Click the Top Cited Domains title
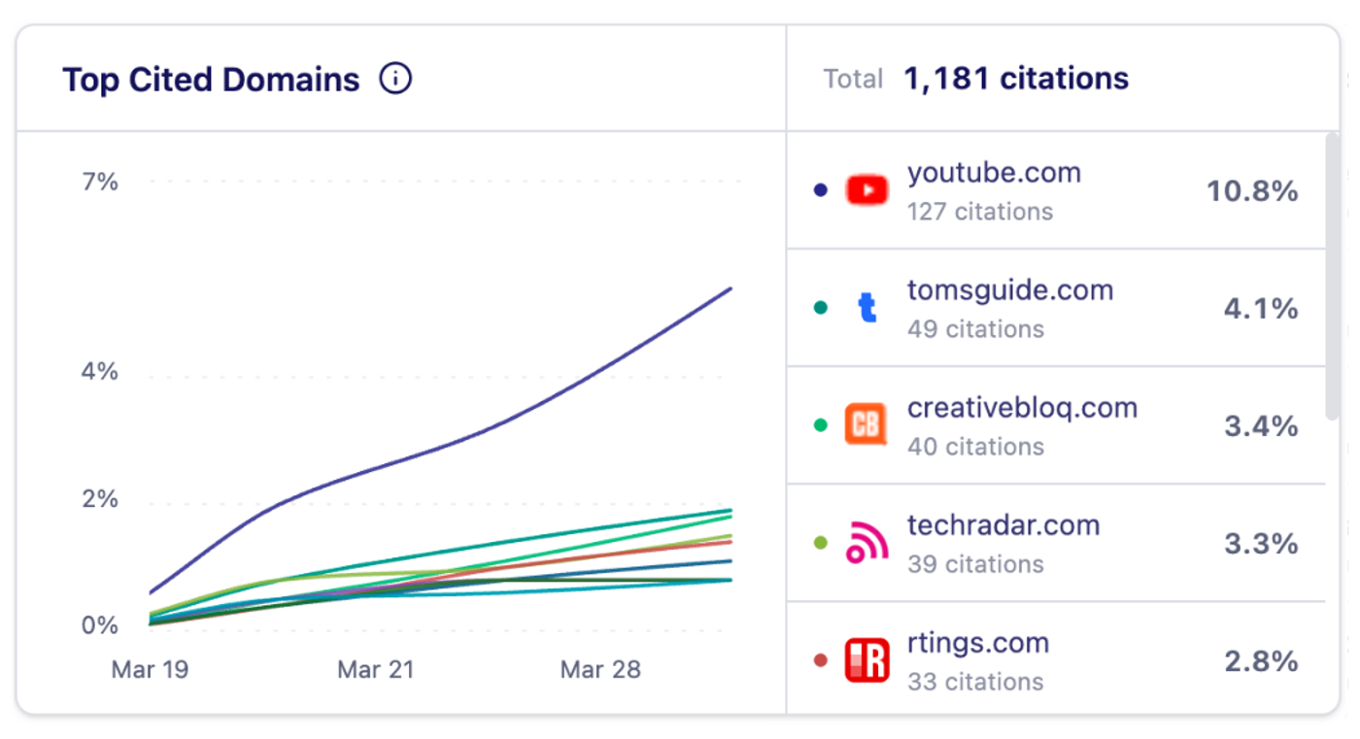(x=211, y=80)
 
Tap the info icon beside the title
(x=395, y=79)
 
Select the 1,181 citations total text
(x=1016, y=79)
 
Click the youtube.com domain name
(x=994, y=174)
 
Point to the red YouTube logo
(x=867, y=190)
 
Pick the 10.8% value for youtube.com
(x=1252, y=191)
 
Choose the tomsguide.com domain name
(x=1010, y=290)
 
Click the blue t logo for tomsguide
(x=867, y=308)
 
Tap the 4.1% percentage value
(x=1261, y=309)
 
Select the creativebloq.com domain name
(x=1022, y=408)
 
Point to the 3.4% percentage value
(x=1261, y=426)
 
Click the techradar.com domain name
(x=1003, y=525)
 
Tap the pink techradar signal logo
(x=867, y=543)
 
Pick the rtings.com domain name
(x=978, y=643)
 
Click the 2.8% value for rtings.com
(x=1261, y=661)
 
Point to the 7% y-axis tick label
(x=100, y=182)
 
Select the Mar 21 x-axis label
(x=376, y=670)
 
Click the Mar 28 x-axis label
(x=600, y=670)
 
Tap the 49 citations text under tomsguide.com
(x=975, y=329)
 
